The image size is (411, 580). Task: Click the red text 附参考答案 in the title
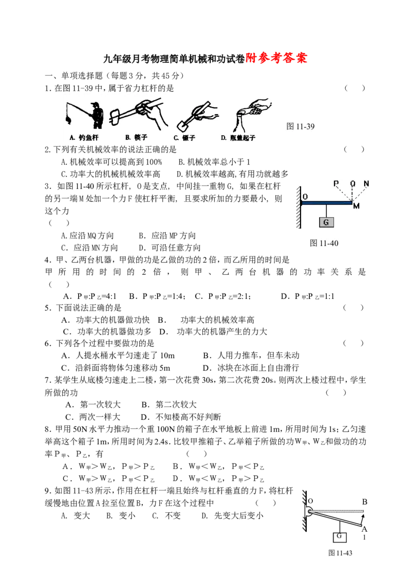click(x=276, y=58)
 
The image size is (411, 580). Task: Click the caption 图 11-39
click(x=301, y=126)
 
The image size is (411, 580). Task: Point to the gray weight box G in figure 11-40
click(x=326, y=222)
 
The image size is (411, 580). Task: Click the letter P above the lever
click(x=336, y=183)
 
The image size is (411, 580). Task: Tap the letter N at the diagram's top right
click(x=366, y=183)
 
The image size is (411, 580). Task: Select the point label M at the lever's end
click(x=356, y=206)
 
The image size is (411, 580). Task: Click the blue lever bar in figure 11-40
click(x=326, y=202)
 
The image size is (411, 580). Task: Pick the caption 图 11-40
click(x=324, y=243)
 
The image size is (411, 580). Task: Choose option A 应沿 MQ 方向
click(x=87, y=236)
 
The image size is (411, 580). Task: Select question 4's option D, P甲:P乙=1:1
click(x=307, y=296)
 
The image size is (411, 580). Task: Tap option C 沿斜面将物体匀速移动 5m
click(x=116, y=368)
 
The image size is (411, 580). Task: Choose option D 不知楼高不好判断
click(x=181, y=417)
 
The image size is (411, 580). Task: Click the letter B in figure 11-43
click(x=364, y=502)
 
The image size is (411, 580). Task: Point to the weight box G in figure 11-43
click(x=340, y=537)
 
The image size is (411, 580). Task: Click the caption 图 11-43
click(x=340, y=553)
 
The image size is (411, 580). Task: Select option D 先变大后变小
click(x=232, y=515)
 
